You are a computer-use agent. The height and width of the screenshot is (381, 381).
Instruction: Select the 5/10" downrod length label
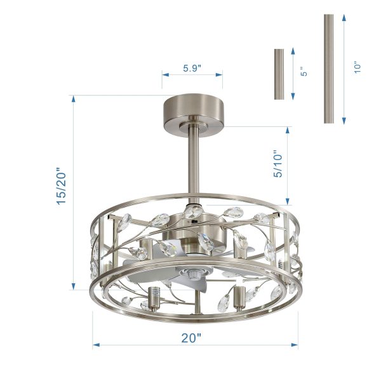tap(277, 164)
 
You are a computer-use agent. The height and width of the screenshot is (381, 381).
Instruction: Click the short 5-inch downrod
tap(279, 74)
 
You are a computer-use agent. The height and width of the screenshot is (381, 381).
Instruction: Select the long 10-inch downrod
tap(328, 69)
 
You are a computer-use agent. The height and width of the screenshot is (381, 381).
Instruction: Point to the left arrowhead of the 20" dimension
tap(96, 345)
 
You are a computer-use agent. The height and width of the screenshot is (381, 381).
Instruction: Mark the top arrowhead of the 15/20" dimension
tap(74, 99)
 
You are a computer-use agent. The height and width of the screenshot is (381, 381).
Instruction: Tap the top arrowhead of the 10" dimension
tap(344, 18)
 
